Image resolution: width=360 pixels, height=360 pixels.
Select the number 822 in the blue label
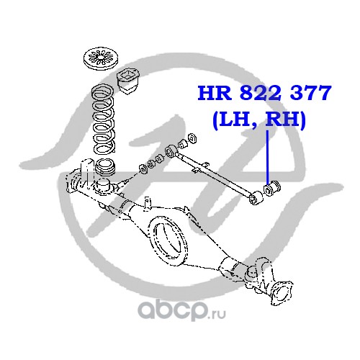[260, 93]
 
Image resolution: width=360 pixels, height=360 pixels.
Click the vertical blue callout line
[268, 157]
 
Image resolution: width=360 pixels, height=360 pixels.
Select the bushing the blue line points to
[272, 189]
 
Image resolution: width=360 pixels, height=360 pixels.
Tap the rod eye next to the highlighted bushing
[256, 198]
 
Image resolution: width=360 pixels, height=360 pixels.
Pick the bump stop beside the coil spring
[128, 81]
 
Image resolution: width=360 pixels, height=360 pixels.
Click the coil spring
[104, 120]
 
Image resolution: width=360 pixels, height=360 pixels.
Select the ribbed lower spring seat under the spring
[106, 167]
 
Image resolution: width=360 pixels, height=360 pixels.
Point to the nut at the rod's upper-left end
[192, 138]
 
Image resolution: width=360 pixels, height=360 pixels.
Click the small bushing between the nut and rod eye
[183, 144]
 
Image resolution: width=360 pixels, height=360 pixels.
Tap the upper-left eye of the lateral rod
[171, 150]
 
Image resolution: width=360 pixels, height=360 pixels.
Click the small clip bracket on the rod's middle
[199, 167]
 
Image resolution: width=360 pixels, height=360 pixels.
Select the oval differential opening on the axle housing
[168, 240]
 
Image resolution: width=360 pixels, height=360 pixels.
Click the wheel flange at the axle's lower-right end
[282, 293]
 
